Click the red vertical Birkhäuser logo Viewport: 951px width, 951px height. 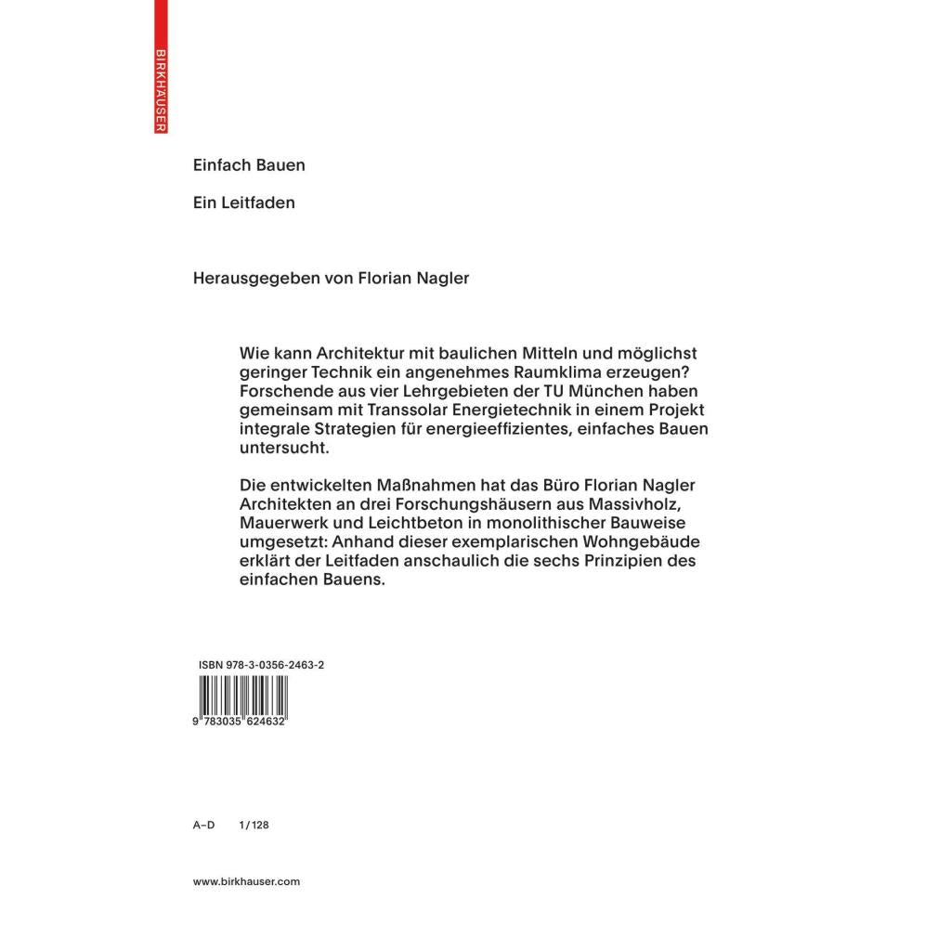pyautogui.click(x=161, y=67)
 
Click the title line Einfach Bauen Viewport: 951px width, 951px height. pyautogui.click(x=249, y=165)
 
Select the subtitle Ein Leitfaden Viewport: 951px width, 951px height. pyautogui.click(x=243, y=202)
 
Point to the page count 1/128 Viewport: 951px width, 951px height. pyautogui.click(x=254, y=825)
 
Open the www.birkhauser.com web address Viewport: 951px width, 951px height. pyautogui.click(x=247, y=882)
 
